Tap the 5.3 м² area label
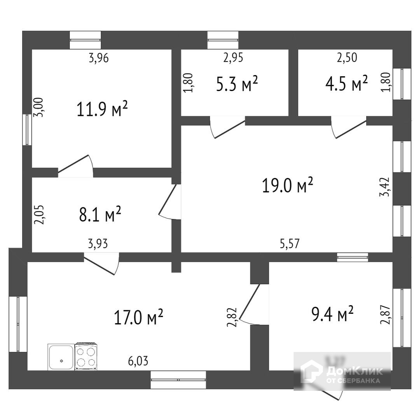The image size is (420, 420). [237, 84]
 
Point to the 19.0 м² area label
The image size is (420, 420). [288, 185]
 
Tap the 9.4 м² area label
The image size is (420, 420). [332, 314]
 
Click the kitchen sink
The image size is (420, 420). [61, 357]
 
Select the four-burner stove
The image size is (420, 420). [86, 357]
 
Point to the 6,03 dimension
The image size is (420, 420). [138, 361]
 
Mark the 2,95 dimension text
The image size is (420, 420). [233, 58]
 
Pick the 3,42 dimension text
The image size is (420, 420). [385, 187]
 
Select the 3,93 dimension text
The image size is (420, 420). [98, 244]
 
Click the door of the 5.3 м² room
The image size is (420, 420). [227, 129]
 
